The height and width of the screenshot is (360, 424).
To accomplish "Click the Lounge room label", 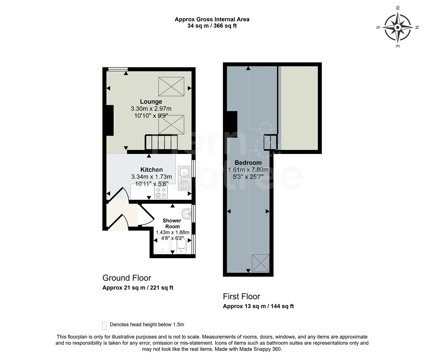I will click(151, 102).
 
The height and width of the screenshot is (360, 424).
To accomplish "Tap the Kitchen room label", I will click(151, 170).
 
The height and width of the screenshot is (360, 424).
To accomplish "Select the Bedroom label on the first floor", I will click(248, 163).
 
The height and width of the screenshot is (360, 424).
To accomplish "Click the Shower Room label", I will click(172, 223).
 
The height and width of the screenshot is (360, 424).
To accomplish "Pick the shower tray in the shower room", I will click(161, 246).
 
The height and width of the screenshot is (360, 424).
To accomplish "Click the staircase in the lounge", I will click(161, 142).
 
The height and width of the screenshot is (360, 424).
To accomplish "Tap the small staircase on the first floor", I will click(270, 142).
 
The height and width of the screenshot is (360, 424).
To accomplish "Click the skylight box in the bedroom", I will click(260, 263).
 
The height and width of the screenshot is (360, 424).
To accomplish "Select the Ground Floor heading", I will click(126, 278).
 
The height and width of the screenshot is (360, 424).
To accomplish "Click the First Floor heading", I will click(241, 296).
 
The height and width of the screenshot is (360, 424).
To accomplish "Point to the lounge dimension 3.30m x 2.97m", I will click(151, 109).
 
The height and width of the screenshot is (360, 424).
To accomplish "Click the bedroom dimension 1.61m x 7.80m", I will click(248, 170).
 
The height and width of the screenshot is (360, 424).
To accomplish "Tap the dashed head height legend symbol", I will click(104, 325).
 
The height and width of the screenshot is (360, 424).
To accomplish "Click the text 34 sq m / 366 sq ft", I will click(212, 26).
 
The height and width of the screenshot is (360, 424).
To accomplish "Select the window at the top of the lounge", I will click(118, 69).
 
